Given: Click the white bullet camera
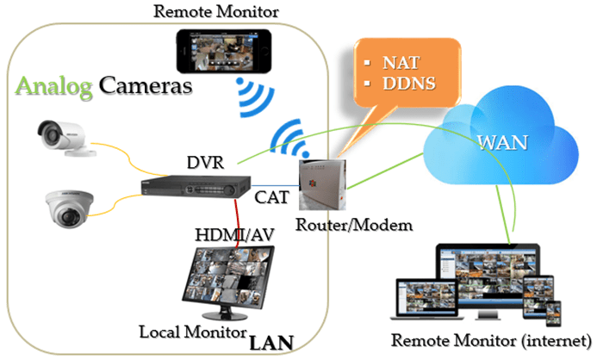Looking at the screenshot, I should [x=64, y=138].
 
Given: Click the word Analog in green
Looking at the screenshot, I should [x=53, y=87].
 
